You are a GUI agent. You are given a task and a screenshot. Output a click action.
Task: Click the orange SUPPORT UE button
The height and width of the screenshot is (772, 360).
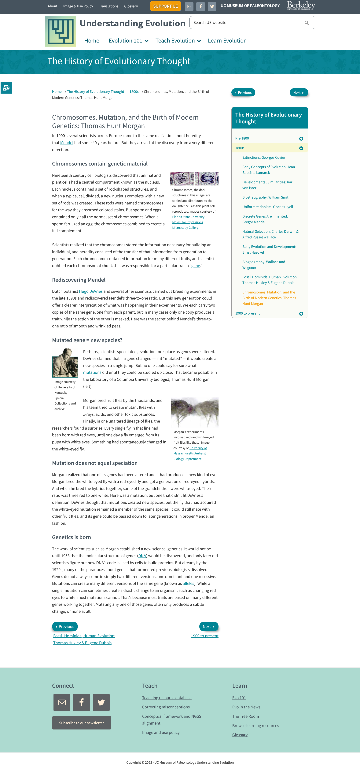[165, 6]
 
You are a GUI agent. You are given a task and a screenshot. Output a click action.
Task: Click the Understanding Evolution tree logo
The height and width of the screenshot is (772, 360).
[60, 32]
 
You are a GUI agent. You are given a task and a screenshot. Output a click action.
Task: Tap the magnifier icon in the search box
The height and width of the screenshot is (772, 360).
[306, 23]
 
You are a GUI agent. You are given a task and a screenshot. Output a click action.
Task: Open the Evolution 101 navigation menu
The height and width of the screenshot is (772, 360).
[128, 41]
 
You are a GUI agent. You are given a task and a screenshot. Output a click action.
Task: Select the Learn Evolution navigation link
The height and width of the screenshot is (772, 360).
[227, 41]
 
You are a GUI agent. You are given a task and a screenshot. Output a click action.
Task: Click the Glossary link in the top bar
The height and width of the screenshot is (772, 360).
[131, 6]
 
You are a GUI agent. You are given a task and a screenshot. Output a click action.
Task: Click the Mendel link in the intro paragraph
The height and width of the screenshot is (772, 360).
[67, 143]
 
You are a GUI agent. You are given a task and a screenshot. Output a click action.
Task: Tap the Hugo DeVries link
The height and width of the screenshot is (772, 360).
[91, 291]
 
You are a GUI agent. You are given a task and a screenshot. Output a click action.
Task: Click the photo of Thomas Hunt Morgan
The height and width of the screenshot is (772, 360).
[65, 363]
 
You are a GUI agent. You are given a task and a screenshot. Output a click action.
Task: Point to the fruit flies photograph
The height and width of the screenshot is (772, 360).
[194, 412]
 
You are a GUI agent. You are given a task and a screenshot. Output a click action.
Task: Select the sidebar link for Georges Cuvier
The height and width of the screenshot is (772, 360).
[264, 157]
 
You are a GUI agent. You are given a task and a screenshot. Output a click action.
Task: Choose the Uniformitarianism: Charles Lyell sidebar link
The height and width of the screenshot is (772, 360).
[267, 207]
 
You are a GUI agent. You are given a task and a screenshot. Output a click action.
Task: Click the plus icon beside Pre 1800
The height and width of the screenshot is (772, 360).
[301, 138]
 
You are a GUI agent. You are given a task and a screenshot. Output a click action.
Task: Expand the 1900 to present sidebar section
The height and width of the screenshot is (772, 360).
[301, 313]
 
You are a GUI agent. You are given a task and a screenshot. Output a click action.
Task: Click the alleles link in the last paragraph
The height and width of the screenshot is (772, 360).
[188, 584]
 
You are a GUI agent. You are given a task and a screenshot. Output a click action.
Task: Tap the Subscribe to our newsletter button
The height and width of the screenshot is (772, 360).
[81, 723]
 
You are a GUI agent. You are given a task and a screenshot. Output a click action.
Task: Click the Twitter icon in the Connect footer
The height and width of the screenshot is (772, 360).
[101, 703]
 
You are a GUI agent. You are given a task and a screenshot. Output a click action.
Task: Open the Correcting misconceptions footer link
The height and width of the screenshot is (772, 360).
[166, 707]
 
